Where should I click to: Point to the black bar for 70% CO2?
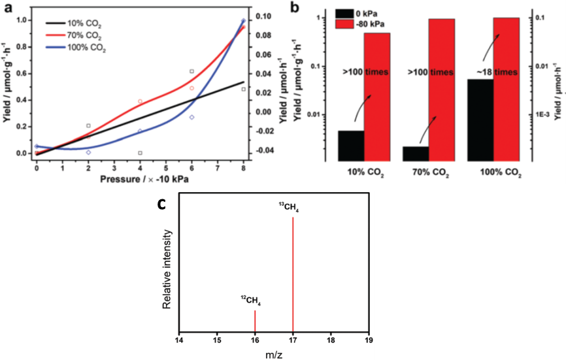coord(416,153)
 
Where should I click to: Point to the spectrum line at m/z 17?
coord(293,274)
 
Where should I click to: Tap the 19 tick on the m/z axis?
coord(369,340)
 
